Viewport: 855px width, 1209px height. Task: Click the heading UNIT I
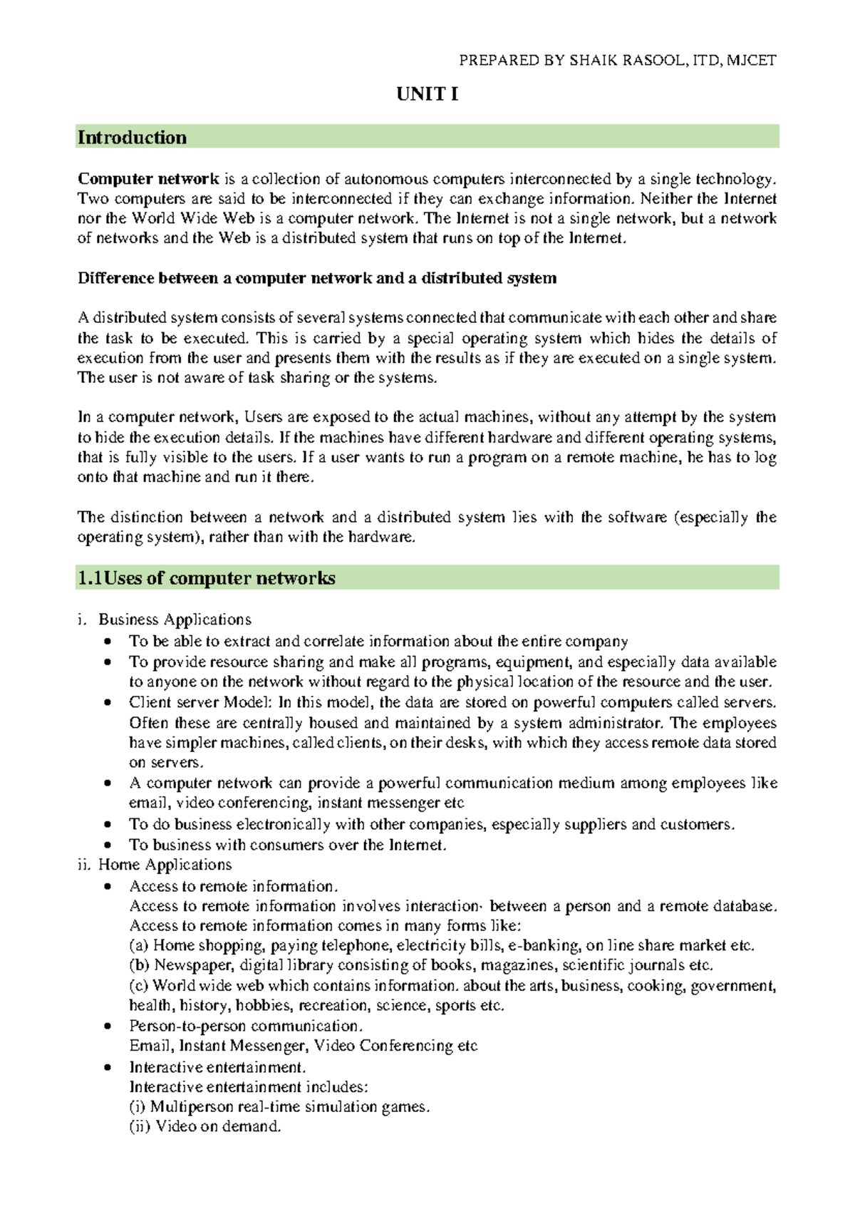(x=427, y=94)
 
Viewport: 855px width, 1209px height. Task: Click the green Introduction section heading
(x=133, y=138)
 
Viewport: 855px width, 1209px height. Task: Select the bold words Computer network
(x=148, y=179)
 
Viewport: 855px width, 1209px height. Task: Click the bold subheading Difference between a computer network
(x=316, y=278)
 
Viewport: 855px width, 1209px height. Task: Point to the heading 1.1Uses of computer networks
(x=207, y=578)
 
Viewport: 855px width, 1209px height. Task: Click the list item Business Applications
(x=175, y=619)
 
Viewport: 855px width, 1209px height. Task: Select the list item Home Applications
(x=165, y=865)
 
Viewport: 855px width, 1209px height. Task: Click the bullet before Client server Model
(x=108, y=703)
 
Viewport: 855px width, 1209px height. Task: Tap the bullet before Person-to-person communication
(x=108, y=1027)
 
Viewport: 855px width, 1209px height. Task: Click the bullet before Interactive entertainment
(x=108, y=1068)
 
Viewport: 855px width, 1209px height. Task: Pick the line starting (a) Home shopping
(x=441, y=945)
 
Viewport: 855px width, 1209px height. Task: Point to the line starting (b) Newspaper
(x=420, y=965)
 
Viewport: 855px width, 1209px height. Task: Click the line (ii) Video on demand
(x=205, y=1126)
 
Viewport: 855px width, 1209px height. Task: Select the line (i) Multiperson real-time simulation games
(x=279, y=1107)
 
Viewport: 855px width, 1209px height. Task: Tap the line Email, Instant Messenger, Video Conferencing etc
(x=303, y=1046)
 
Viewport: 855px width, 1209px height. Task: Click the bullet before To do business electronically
(x=108, y=825)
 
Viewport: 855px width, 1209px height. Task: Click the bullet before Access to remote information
(x=108, y=887)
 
